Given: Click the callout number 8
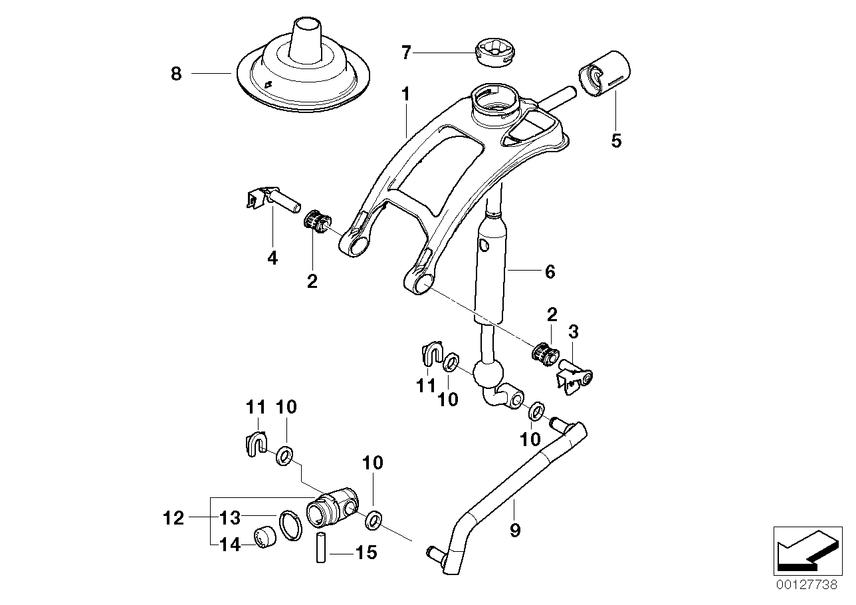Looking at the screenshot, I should pos(175,74).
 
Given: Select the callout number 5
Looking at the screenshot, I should pos(616,141).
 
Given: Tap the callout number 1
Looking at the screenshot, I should pos(405,96).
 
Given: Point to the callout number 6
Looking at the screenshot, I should pos(549,271).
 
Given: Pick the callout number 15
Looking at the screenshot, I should pos(366,552).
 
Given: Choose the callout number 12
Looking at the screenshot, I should pos(174,517).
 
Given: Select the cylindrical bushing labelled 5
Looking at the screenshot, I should pos(606,72).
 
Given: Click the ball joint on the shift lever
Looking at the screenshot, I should pos(488,374).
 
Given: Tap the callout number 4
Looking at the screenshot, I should pos(272,259).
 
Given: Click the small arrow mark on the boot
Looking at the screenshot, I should pos(268,84).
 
